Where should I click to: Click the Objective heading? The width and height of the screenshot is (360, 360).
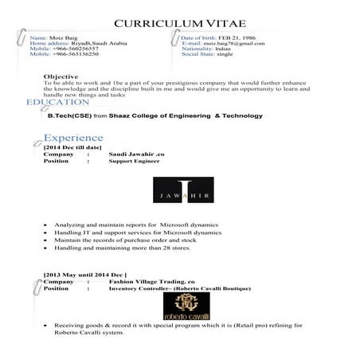point(61,76)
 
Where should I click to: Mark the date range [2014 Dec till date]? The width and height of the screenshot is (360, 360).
point(73,147)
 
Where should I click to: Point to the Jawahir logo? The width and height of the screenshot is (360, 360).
point(180,191)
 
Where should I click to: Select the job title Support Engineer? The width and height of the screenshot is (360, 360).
point(132,161)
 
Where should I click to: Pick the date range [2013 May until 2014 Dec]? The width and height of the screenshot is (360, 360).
point(85,275)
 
